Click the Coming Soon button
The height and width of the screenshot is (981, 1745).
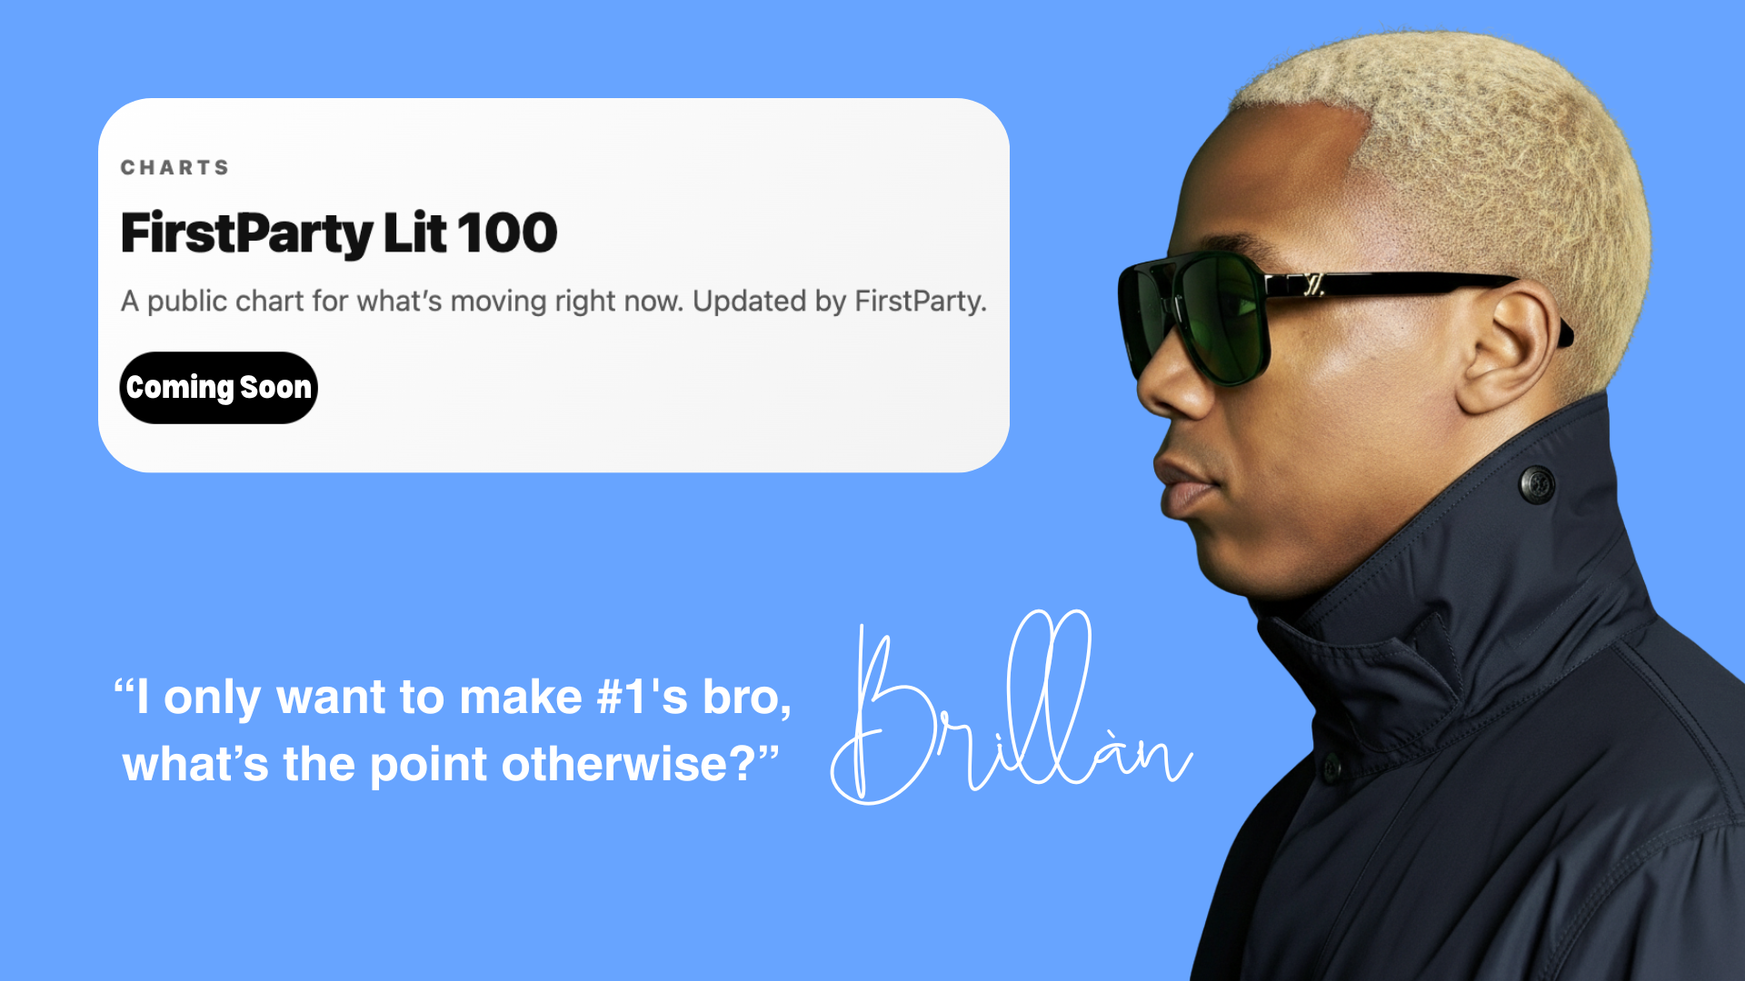click(218, 388)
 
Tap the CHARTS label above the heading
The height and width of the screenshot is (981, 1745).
click(175, 168)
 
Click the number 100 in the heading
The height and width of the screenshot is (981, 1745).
click(507, 233)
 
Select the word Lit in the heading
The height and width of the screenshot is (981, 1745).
click(414, 233)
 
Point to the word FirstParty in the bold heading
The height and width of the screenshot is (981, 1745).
click(246, 234)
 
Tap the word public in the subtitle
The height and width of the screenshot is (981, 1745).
click(187, 302)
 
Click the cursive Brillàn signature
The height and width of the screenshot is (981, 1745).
click(1011, 708)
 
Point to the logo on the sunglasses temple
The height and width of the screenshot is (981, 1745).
click(1312, 285)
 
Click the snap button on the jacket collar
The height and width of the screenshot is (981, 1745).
click(1537, 484)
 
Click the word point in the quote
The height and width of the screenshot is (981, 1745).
click(429, 766)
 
